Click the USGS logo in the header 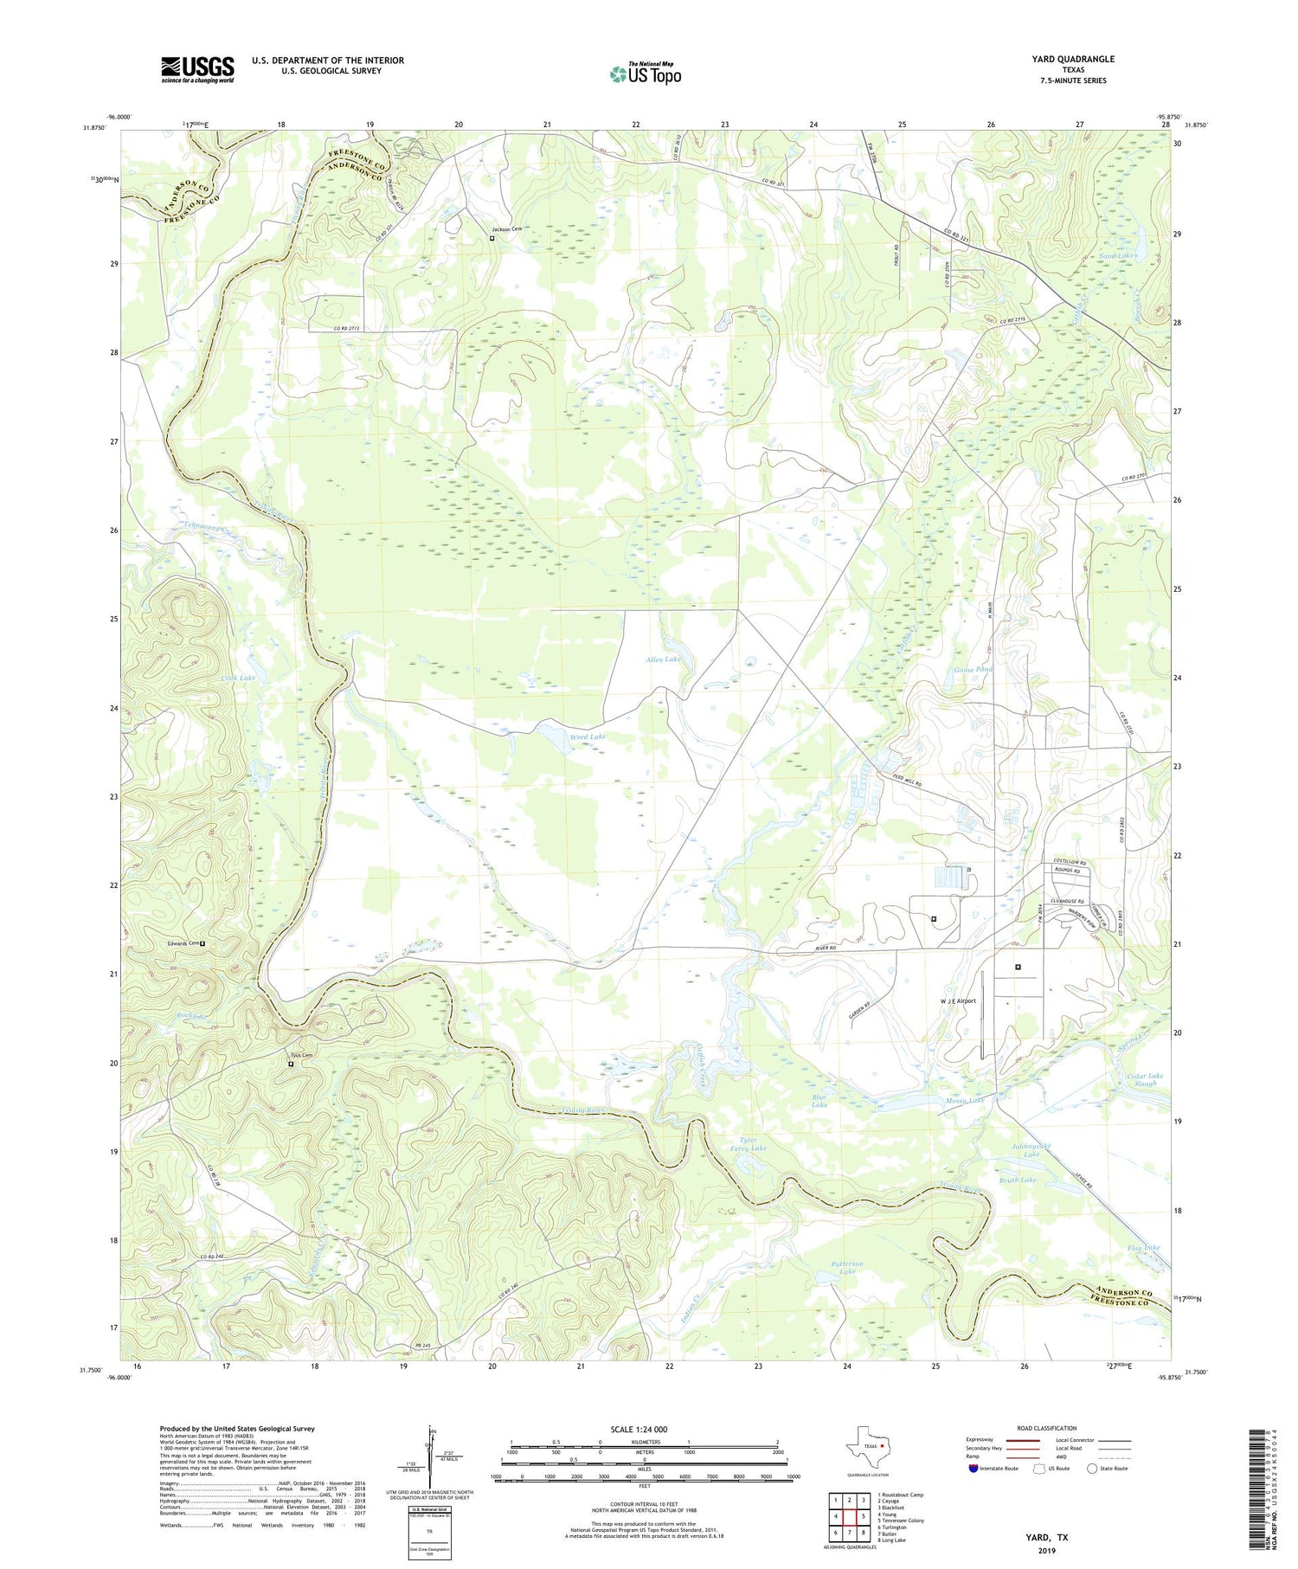pos(197,69)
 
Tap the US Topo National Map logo pos(645,74)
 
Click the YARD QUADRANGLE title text pos(1072,59)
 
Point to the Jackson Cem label pos(510,229)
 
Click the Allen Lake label pos(663,659)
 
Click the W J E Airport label pos(958,1001)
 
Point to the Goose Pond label pos(972,670)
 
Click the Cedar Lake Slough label pos(1144,1079)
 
